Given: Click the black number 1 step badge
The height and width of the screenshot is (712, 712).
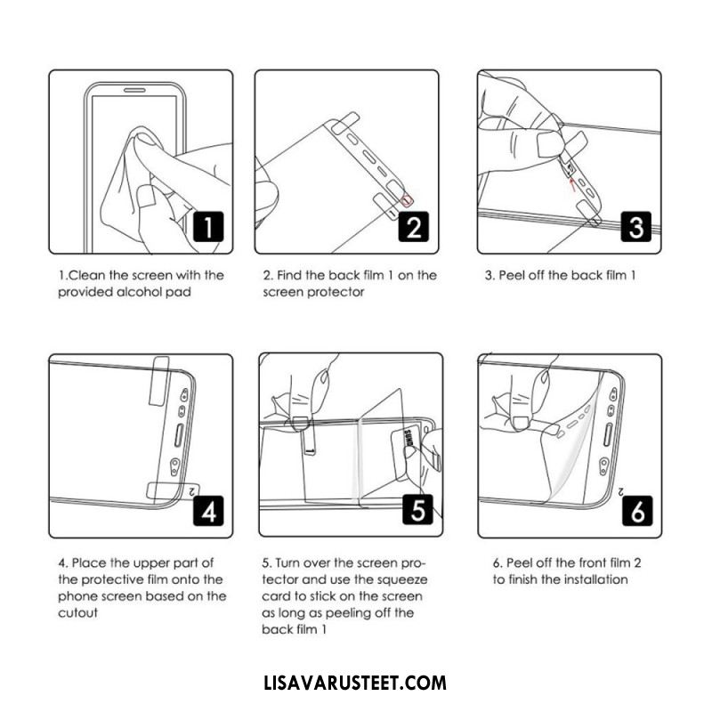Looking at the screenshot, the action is (x=208, y=227).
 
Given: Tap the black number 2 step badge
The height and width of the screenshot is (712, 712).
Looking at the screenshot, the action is (x=413, y=227).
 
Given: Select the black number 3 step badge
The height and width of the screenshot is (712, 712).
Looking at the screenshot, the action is (x=635, y=227).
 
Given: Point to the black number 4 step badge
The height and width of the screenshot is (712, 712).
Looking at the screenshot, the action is (x=208, y=511).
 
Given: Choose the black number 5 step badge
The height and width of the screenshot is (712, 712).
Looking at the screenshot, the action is (x=417, y=509).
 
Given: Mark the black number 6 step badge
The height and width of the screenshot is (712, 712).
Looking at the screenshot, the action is (x=637, y=511).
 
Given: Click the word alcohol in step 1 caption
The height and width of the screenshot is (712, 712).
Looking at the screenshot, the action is (x=139, y=292).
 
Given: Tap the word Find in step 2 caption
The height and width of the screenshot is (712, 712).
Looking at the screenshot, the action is (x=288, y=275).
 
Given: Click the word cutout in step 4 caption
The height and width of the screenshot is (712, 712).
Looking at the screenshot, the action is (x=77, y=613).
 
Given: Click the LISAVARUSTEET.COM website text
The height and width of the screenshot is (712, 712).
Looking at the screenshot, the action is (x=355, y=683).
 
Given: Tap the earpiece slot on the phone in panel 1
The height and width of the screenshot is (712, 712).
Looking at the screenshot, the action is (x=135, y=90).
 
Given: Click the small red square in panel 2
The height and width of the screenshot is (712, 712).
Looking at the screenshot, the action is (x=408, y=199).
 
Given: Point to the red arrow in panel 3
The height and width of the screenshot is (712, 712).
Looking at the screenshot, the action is (x=573, y=182).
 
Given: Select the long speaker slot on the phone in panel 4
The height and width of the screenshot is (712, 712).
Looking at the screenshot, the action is (x=179, y=435).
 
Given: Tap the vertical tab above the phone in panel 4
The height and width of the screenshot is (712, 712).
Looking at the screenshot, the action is (x=159, y=381).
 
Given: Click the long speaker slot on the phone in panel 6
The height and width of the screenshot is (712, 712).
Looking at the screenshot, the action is (x=608, y=434).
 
